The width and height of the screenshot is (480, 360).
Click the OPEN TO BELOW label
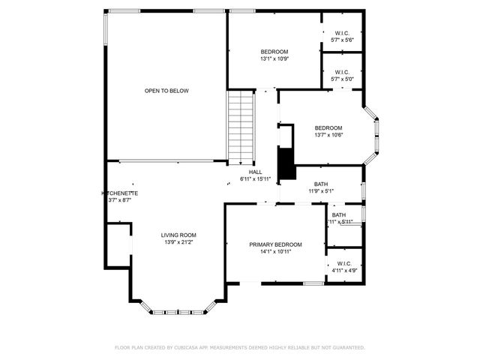pyautogui.click(x=166, y=91)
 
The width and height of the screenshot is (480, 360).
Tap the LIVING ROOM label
pyautogui.click(x=178, y=235)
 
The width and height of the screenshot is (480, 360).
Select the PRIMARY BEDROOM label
pyautogui.click(x=275, y=244)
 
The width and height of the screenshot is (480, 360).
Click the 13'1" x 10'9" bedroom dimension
pyautogui.click(x=274, y=58)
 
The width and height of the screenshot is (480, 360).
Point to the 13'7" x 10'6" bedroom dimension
pyautogui.click(x=328, y=135)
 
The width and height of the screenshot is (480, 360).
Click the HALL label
pyautogui.click(x=255, y=172)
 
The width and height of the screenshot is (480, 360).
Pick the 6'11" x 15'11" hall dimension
pyautogui.click(x=255, y=179)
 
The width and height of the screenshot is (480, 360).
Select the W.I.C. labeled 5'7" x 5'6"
pyautogui.click(x=341, y=36)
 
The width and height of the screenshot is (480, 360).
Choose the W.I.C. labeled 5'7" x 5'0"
pyautogui.click(x=341, y=75)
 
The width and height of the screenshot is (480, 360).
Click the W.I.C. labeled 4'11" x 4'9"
pyautogui.click(x=344, y=267)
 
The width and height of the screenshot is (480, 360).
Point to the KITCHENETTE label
pyautogui.click(x=120, y=193)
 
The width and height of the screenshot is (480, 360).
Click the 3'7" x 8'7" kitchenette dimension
pyautogui.click(x=120, y=200)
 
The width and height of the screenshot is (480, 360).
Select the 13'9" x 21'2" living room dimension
pyautogui.click(x=178, y=242)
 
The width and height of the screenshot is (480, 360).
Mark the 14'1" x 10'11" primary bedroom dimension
pyautogui.click(x=275, y=252)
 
